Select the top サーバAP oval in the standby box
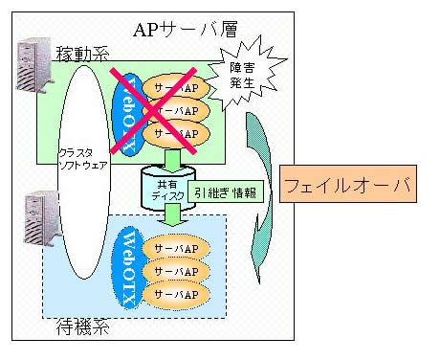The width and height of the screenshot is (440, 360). pyautogui.click(x=176, y=249)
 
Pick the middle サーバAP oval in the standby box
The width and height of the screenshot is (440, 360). pyautogui.click(x=176, y=271)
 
